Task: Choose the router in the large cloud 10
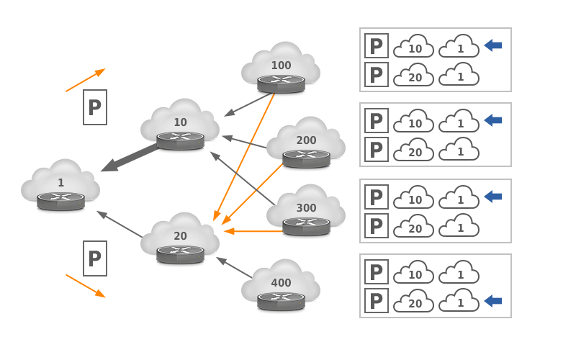[x=180, y=140]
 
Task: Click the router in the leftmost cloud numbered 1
[x=60, y=200]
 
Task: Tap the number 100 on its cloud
[x=281, y=66]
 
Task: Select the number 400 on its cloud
[x=281, y=283]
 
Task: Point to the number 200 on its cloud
[x=306, y=140]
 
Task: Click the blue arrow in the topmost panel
[x=493, y=45]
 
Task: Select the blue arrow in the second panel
[x=493, y=120]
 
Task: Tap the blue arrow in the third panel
[x=493, y=197]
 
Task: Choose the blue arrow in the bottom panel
[x=493, y=301]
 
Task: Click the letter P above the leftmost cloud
[x=94, y=108]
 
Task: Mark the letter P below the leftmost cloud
[x=94, y=258]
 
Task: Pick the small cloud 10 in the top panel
[x=414, y=47]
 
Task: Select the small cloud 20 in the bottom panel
[x=414, y=302]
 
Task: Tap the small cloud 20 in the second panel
[x=414, y=150]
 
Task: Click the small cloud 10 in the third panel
[x=414, y=198]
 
